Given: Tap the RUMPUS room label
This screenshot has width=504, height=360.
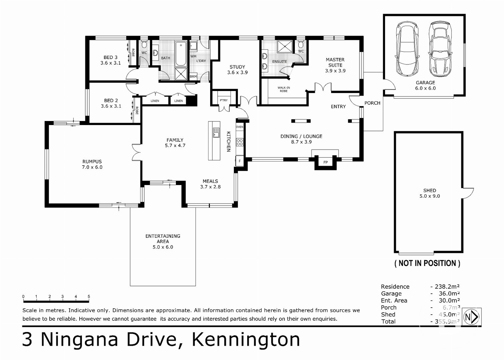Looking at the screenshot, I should pos(92,162).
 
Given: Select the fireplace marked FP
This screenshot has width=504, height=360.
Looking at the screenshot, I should pos(325,162).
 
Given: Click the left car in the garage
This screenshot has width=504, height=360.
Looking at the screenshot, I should pos(407,49).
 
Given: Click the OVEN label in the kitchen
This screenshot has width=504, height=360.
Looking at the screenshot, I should pos(240,127).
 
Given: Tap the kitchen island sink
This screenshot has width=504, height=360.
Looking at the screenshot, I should pos(216,132).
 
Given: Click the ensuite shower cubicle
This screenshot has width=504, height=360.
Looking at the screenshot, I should pos(285,47).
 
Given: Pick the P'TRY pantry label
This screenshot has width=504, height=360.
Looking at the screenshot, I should pos(224,100).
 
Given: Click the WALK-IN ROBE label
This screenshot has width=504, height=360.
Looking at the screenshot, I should pos(284,89).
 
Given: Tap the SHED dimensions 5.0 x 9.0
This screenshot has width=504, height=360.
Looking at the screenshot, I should pos(429,196).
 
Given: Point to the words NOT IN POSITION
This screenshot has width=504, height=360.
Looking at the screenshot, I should pos(427,263).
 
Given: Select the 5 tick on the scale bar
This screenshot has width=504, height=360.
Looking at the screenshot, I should pos(89,296).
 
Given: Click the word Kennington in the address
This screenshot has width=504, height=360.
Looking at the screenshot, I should pos(246,340).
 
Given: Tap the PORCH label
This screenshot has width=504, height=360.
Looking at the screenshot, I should pos(372,103).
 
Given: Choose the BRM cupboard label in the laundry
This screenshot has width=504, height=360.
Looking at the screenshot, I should pos(193,76).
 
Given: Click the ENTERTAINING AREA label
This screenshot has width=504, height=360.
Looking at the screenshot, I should pos(163,238).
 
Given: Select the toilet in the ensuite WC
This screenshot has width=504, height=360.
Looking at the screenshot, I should pos(301,45).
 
